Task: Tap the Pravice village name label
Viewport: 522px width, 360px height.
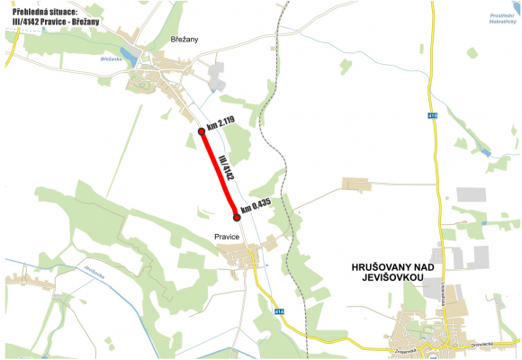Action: (227, 236)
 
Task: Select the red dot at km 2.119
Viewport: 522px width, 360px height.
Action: (202, 132)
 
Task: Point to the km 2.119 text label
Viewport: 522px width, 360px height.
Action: (221, 123)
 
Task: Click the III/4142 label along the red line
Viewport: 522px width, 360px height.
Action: (226, 168)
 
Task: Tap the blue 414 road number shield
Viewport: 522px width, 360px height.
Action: (279, 311)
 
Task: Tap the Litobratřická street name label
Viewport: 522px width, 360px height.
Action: (445, 298)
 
